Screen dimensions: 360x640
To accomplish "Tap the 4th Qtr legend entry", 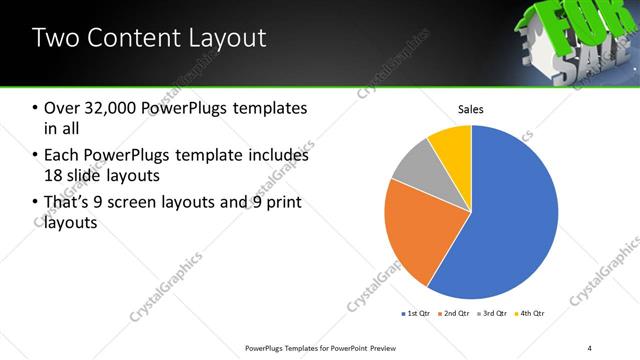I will (531, 314).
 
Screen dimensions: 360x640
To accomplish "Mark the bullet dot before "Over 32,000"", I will (37, 108).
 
